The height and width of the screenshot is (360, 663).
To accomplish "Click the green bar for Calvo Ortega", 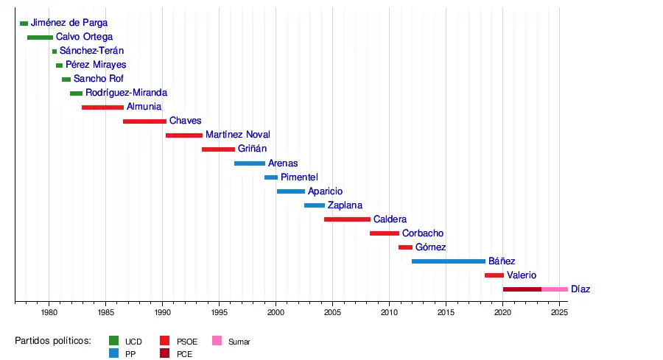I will click(40, 38).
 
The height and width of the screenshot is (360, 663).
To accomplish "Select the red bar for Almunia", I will click(102, 107).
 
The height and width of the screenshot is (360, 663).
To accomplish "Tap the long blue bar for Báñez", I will click(448, 261).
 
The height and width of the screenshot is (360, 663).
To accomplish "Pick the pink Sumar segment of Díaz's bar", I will click(555, 289).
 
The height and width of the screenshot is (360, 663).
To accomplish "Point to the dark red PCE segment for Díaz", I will click(522, 289).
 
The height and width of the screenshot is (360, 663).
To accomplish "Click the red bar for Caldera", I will click(347, 219).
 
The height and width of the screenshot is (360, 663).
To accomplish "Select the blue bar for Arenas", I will click(250, 163).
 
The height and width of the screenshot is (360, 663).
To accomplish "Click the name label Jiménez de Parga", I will click(69, 24).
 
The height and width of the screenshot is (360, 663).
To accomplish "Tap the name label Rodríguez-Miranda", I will click(126, 93).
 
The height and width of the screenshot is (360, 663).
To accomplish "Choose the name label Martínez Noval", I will click(238, 135).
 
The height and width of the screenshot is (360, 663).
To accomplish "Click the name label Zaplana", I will click(345, 205).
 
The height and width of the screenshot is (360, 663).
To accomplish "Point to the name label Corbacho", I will click(423, 233).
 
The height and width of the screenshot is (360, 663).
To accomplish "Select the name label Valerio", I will click(522, 275).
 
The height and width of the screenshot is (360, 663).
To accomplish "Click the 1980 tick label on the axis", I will click(49, 313).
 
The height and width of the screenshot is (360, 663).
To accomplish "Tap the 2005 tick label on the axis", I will click(332, 313).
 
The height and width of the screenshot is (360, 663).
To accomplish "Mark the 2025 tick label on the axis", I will click(559, 313).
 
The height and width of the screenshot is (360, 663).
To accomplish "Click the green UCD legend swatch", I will click(114, 341).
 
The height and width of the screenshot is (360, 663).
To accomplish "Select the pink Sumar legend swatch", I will click(217, 341).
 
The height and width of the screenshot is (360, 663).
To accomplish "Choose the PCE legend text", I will click(184, 354).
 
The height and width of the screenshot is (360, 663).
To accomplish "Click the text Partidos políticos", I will click(52, 341).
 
